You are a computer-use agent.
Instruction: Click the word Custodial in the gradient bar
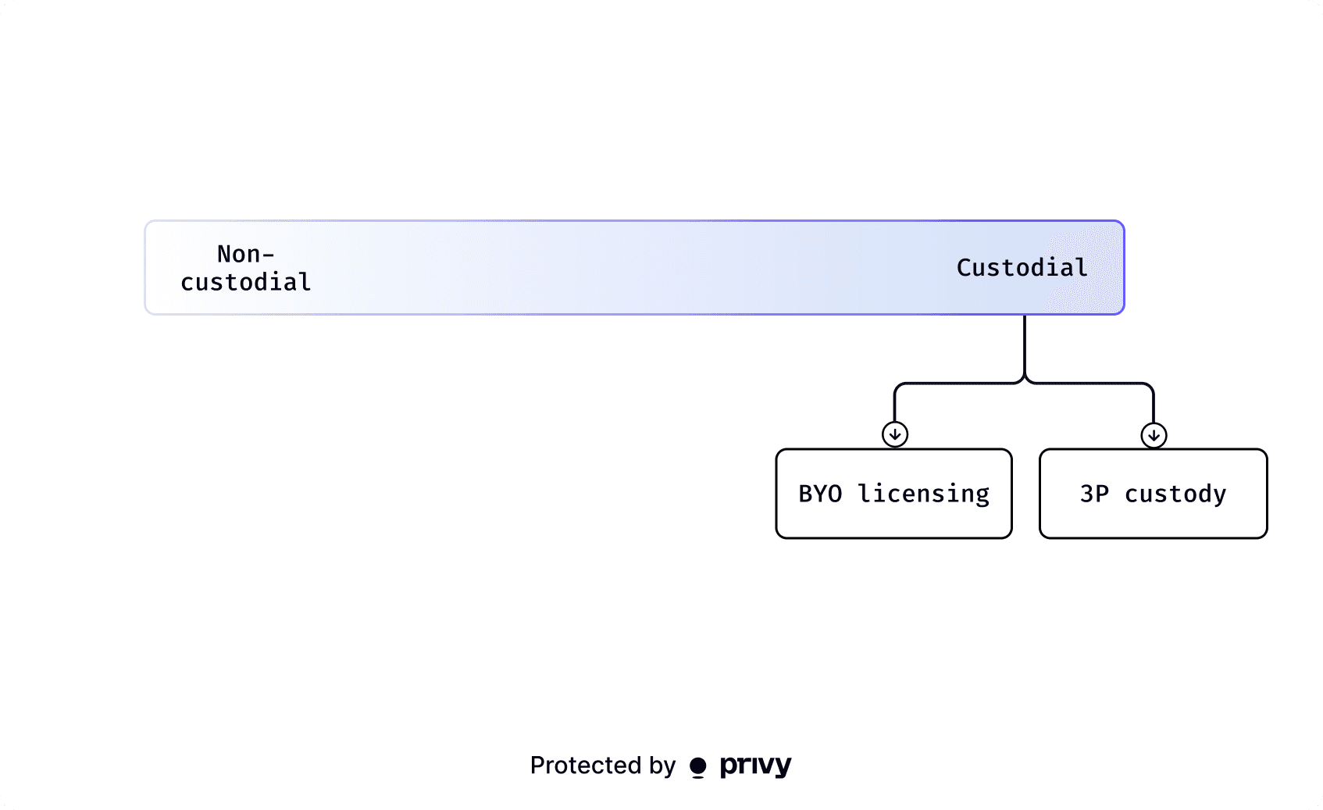coord(1022,268)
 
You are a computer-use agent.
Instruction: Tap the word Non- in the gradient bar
coord(246,254)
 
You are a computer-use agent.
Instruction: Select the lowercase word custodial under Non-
coord(246,282)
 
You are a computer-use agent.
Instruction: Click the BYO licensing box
coord(893,494)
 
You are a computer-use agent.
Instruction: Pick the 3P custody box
coord(1153,494)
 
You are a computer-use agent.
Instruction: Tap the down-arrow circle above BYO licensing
coord(895,435)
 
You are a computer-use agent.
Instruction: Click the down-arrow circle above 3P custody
coord(1154,435)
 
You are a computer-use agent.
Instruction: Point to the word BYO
coord(820,494)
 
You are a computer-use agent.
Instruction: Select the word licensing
coord(923,494)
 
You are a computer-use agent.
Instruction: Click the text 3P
coord(1094,494)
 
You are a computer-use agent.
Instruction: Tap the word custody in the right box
coord(1175,494)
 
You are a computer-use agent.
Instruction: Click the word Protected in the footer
coord(585,765)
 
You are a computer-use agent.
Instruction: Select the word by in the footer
coord(662,766)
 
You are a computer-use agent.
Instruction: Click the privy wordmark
coord(755,766)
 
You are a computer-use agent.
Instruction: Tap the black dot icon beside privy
coord(697,767)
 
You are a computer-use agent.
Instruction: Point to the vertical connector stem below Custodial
coord(1024,345)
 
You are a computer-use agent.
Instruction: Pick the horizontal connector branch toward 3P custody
coord(1089,384)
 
